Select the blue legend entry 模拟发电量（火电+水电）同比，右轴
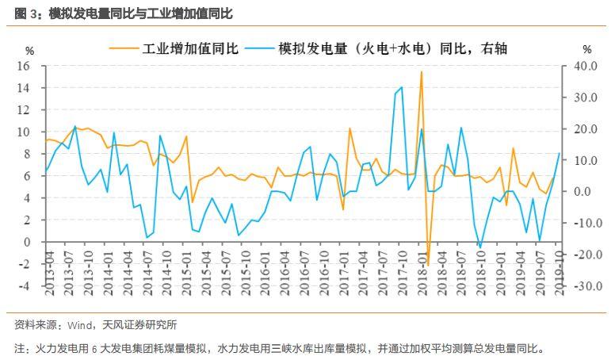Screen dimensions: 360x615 (392, 49)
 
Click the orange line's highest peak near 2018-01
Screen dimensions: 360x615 (421, 72)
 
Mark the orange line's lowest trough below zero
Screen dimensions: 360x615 (427, 265)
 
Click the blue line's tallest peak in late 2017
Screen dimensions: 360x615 (402, 87)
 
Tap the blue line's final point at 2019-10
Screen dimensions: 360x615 (560, 153)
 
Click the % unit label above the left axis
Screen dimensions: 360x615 (30, 51)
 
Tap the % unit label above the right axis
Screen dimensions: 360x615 (586, 51)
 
